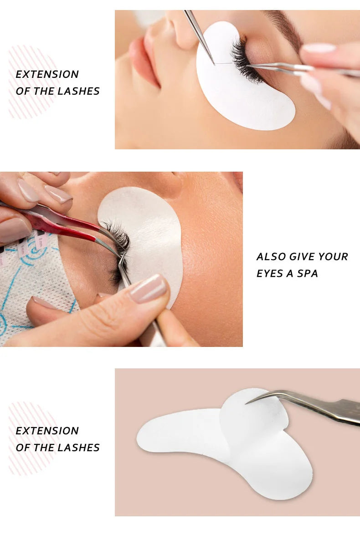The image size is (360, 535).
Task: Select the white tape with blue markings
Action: click(32, 291)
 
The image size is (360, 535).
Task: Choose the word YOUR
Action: click(333, 257)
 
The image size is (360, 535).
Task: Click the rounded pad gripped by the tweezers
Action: click(255, 414)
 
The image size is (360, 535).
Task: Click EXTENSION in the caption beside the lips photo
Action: click(47, 74)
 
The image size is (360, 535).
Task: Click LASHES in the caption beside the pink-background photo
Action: click(78, 448)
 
